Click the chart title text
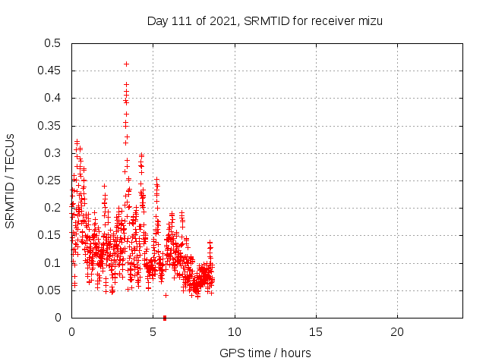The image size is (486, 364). (x=264, y=21)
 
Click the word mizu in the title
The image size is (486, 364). (x=369, y=21)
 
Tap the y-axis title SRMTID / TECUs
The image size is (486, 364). (x=11, y=180)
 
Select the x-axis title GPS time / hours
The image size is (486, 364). (x=265, y=353)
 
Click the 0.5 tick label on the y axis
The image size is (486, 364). (x=53, y=43)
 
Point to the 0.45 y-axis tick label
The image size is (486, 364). (x=50, y=71)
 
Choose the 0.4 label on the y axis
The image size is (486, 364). (x=53, y=98)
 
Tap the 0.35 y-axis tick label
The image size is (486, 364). (x=50, y=126)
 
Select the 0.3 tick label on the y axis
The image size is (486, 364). (x=53, y=153)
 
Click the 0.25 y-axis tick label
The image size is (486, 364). (x=50, y=180)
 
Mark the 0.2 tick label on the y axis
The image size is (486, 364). (x=53, y=208)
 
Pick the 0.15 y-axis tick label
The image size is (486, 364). (x=50, y=235)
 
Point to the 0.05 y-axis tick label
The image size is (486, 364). (x=50, y=290)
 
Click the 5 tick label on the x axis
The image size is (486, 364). (x=153, y=332)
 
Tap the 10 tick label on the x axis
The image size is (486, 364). (x=235, y=332)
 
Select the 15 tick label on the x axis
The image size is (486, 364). (x=316, y=332)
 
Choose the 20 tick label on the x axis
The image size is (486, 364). (x=397, y=332)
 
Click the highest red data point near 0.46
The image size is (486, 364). (x=126, y=64)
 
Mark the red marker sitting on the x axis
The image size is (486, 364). (x=165, y=317)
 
